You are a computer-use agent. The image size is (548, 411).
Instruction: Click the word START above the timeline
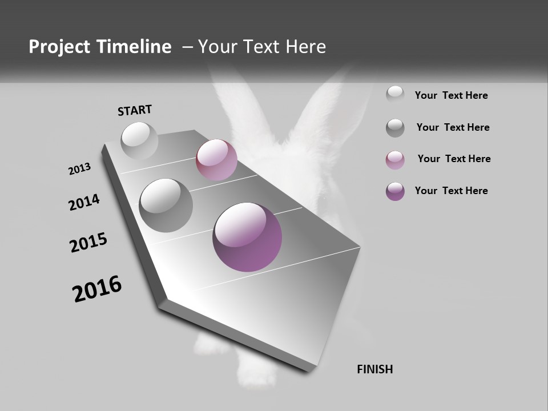pos(135,110)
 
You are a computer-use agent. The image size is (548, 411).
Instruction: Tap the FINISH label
pos(374,369)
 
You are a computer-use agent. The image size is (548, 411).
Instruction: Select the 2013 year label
pos(80,169)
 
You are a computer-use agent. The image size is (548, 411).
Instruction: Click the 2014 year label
pos(84,203)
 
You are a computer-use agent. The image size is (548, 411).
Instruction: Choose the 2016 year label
pos(97,289)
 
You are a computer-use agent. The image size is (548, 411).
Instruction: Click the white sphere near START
pos(139,140)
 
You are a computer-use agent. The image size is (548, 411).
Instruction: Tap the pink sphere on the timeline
pos(216,160)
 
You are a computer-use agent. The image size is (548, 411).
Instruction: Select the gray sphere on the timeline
pos(166,205)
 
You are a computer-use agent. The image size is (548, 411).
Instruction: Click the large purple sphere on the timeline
pos(247,237)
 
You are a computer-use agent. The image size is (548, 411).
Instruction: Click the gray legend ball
pos(395,128)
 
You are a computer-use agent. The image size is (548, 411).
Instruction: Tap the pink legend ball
pos(395,160)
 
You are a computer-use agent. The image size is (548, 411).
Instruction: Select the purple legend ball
pos(395,191)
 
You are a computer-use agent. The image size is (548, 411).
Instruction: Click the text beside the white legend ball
pos(451,96)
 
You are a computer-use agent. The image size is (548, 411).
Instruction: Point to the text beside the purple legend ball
pos(451,191)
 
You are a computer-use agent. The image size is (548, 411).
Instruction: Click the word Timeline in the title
pos(136,47)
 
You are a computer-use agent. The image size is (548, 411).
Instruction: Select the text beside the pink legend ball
pos(454,159)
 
